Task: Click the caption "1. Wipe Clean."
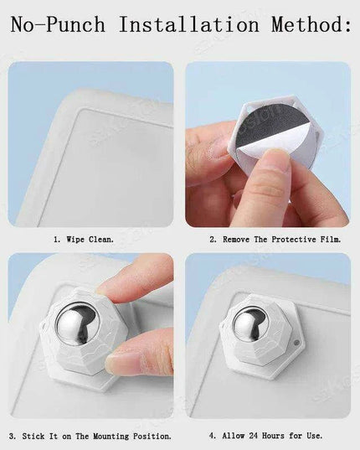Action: coord(92,239)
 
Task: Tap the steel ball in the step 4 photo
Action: coord(250,326)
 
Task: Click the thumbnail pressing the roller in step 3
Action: coord(126,360)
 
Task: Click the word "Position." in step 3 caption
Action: coord(153,436)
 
